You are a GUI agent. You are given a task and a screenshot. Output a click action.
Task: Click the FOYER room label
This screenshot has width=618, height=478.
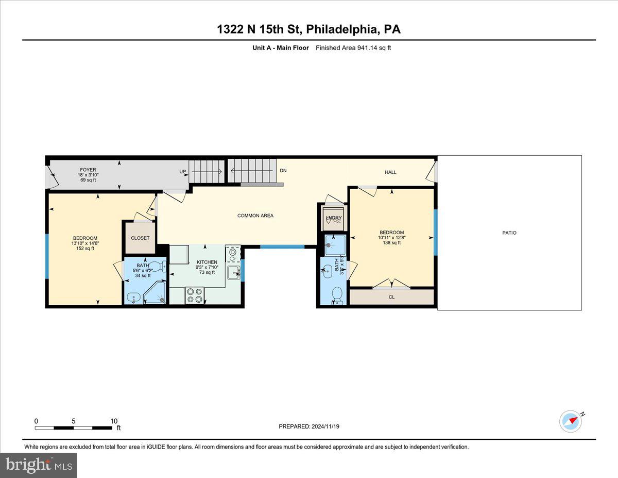click(88, 170)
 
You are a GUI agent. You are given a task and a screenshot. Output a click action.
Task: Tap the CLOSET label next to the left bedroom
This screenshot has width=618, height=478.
click(140, 238)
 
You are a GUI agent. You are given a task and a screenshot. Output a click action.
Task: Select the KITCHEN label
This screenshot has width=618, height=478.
click(207, 262)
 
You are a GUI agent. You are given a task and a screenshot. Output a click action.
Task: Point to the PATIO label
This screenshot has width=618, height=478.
click(509, 233)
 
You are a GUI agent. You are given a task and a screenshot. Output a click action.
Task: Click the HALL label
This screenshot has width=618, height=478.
click(391, 172)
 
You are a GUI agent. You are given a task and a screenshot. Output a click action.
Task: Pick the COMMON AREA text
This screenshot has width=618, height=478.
click(255, 216)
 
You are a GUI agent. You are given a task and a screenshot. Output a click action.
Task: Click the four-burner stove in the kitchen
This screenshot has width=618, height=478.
click(195, 295)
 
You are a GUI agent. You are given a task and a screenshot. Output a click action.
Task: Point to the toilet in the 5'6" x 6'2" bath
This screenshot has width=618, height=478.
click(158, 267)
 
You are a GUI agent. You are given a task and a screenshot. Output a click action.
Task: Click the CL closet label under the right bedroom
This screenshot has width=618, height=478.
click(391, 297)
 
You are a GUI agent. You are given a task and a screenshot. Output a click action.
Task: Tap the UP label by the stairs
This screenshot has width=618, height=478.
click(183, 172)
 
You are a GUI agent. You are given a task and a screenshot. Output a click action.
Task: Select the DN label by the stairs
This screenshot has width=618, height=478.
click(283, 171)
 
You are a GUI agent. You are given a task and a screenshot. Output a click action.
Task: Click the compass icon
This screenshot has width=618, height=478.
click(571, 421)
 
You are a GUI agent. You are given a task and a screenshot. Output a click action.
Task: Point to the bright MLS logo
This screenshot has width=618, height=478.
click(39, 465)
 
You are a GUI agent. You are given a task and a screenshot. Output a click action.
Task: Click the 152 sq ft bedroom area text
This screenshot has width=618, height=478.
click(85, 249)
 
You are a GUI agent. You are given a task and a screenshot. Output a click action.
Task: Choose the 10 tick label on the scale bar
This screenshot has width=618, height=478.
click(114, 421)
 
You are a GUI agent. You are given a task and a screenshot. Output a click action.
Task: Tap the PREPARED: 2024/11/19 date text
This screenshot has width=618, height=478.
click(310, 426)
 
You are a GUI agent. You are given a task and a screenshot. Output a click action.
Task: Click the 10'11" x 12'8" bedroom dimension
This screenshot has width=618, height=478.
click(392, 238)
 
